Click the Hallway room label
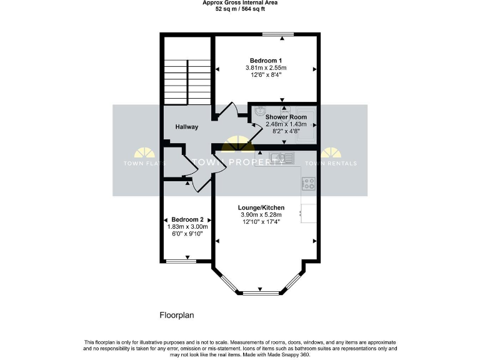point(186,127)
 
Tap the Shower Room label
point(286,117)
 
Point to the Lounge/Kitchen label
point(261,207)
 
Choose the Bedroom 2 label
point(187,219)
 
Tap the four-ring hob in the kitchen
point(309,183)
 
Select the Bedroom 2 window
point(179,261)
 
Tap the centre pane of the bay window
point(261,292)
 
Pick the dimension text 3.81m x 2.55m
point(266,67)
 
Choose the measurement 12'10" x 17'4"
point(261,221)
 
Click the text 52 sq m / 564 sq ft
point(240,10)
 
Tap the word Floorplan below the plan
point(177,316)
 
